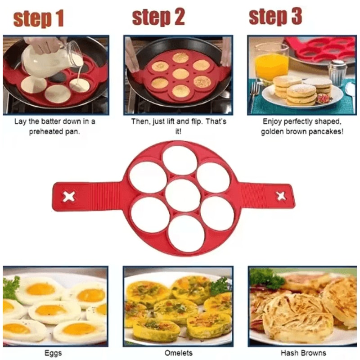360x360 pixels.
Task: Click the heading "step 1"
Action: tap(38, 19)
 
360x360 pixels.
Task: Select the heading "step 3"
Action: tap(275, 17)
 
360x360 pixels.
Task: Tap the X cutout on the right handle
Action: tap(281, 196)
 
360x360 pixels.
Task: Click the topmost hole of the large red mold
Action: tap(180, 160)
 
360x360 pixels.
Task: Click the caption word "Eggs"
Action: tap(54, 353)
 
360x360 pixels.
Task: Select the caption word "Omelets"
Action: tap(178, 353)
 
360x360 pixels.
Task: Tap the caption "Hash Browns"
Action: tap(303, 353)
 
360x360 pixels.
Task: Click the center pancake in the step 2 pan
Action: tap(180, 73)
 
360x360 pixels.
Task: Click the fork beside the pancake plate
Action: tap(254, 92)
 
